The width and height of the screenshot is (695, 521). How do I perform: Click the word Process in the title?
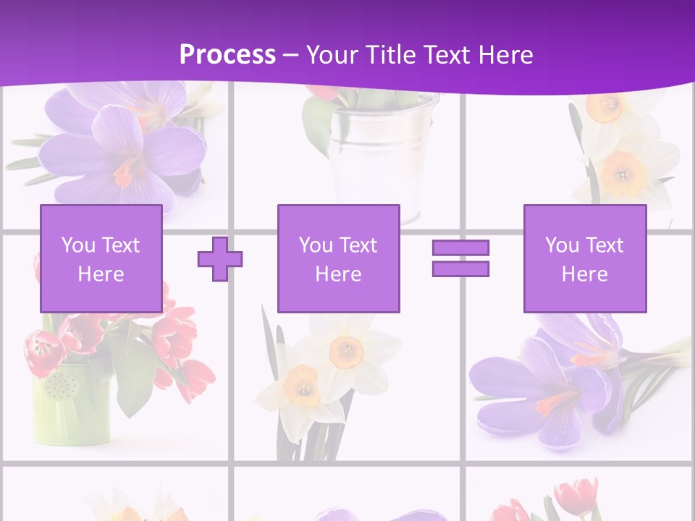click(x=227, y=54)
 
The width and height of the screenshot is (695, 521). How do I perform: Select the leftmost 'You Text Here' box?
click(x=101, y=258)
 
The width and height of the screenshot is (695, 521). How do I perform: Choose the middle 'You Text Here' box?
click(x=338, y=258)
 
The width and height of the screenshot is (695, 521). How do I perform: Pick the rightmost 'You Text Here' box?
click(x=584, y=258)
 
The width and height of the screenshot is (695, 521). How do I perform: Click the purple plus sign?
click(x=220, y=259)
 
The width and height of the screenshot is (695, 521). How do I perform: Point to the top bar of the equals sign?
click(x=460, y=248)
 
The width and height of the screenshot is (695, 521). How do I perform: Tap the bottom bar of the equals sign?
click(x=460, y=268)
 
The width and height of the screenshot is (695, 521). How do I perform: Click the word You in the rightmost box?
click(x=562, y=245)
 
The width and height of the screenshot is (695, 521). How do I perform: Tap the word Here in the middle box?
click(x=338, y=274)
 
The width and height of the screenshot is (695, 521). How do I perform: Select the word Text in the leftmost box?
click(x=119, y=245)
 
